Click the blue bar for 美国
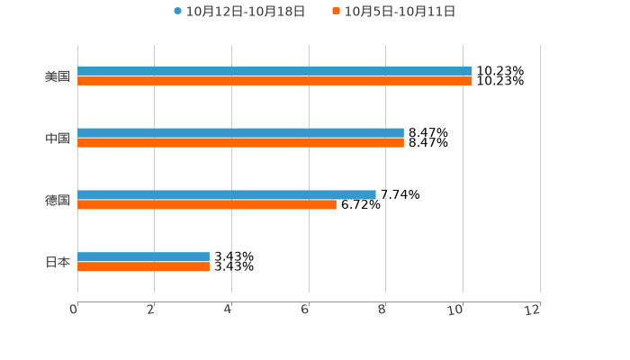click(x=274, y=70)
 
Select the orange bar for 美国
click(x=274, y=81)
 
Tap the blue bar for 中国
click(x=240, y=132)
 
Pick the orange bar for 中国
click(x=240, y=143)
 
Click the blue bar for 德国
click(x=227, y=194)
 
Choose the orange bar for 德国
click(x=207, y=205)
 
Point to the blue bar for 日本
click(x=143, y=256)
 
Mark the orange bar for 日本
click(x=143, y=267)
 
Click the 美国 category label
click(x=58, y=76)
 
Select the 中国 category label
click(x=58, y=138)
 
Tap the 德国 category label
click(x=58, y=200)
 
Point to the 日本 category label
click(x=58, y=262)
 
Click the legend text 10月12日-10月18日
click(x=246, y=12)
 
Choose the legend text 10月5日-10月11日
click(x=400, y=12)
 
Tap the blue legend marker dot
click(x=178, y=12)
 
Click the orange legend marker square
click(x=337, y=12)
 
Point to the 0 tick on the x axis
click(x=74, y=310)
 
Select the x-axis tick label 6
click(x=305, y=310)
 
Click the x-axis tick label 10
click(x=456, y=310)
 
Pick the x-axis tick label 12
click(x=533, y=310)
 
